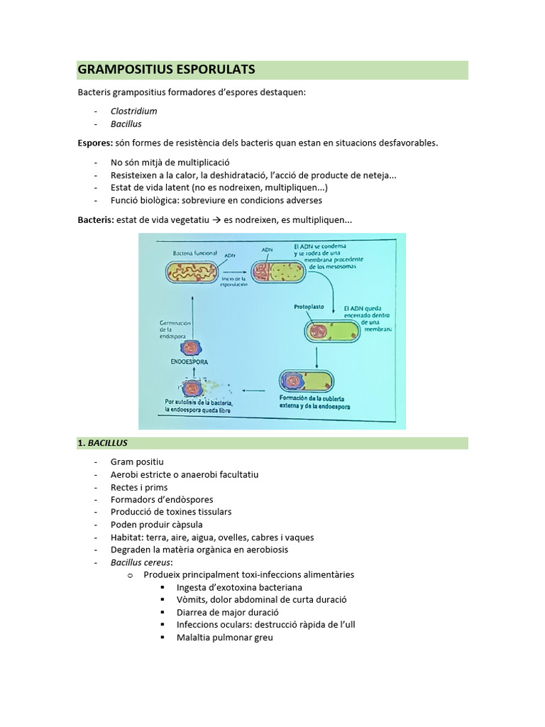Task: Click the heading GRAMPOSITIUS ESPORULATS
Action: tap(166, 70)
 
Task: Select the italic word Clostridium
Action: tap(133, 111)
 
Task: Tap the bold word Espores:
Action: tap(95, 143)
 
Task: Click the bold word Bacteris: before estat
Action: tap(96, 220)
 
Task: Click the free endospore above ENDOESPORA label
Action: tap(192, 347)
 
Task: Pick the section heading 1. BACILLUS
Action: tap(103, 443)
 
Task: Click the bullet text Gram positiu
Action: tap(137, 461)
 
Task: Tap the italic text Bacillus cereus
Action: tap(141, 562)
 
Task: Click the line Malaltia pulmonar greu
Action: tap(224, 638)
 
